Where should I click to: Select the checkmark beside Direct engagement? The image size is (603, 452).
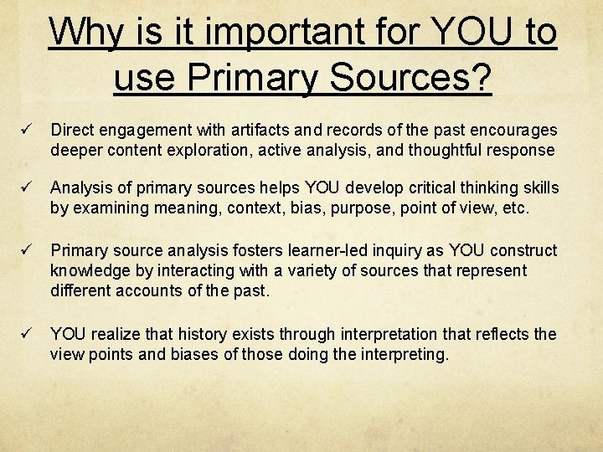[27, 131]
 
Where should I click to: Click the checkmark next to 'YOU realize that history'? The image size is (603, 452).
[27, 334]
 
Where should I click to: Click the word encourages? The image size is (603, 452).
[512, 131]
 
